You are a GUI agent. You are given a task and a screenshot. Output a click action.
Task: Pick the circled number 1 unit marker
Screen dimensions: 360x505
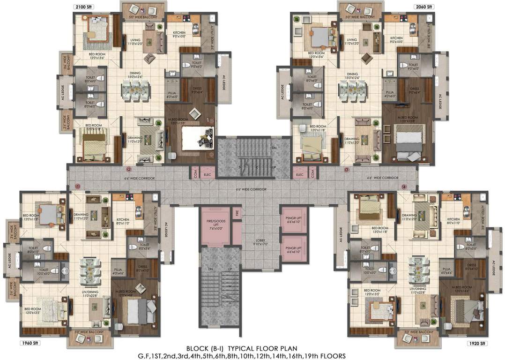[x=78, y=186]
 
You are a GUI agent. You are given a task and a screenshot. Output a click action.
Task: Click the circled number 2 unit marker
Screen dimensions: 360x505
[x=129, y=170]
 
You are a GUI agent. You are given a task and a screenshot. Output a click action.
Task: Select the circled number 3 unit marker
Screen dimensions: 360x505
[x=347, y=170]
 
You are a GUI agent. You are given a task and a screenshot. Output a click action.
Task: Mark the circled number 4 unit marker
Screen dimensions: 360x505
[x=404, y=186]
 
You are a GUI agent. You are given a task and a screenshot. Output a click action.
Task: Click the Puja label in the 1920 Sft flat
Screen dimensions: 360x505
[x=446, y=270]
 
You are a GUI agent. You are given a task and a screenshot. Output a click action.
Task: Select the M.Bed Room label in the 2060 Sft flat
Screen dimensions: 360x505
[x=408, y=118]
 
